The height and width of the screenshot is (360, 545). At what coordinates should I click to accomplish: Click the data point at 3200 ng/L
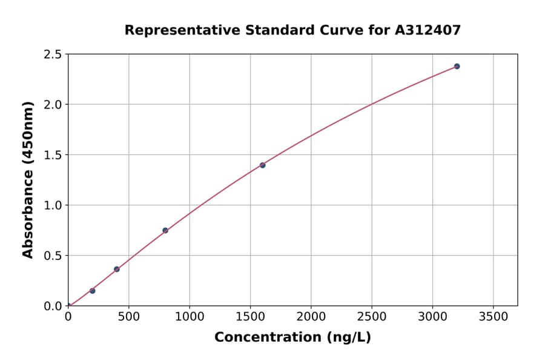(x=457, y=66)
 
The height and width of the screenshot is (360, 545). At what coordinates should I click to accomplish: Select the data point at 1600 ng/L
(x=262, y=165)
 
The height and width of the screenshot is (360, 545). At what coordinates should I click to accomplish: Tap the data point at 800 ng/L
(x=165, y=230)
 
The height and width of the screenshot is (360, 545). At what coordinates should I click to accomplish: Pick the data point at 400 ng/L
(x=117, y=269)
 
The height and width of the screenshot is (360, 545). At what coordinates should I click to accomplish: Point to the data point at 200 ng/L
(x=93, y=291)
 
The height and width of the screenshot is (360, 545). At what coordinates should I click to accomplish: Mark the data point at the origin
(x=68, y=305)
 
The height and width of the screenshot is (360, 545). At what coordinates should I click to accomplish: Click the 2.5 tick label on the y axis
(x=52, y=55)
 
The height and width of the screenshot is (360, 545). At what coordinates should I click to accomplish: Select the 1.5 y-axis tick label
(x=52, y=155)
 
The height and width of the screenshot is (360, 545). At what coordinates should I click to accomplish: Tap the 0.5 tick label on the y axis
(x=52, y=256)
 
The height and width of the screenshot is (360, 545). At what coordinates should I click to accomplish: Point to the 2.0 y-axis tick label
(x=52, y=105)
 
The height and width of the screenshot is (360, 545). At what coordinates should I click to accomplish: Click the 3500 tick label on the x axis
(x=493, y=317)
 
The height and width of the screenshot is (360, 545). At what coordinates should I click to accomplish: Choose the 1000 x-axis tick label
(x=190, y=317)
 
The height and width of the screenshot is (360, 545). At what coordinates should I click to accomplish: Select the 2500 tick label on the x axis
(x=372, y=317)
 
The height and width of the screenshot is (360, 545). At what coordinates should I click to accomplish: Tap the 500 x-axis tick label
(x=129, y=317)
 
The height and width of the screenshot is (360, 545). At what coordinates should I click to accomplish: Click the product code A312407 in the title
(x=428, y=30)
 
